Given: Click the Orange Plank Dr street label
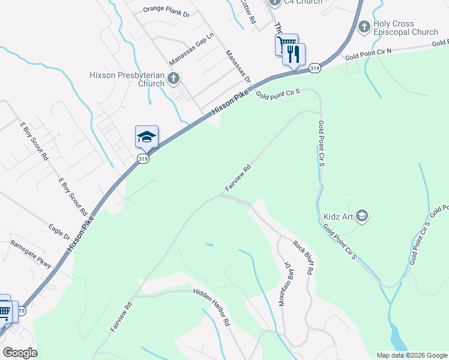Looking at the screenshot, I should click(166, 10).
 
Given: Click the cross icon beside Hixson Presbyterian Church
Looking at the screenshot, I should click(173, 78).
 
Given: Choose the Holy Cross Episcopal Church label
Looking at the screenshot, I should click(406, 28).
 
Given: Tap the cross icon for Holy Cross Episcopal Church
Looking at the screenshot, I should click(364, 27).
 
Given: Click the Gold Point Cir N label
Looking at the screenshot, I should click(368, 54).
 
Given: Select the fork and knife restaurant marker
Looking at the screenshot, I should click(294, 55).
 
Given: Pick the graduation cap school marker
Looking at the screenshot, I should click(146, 137).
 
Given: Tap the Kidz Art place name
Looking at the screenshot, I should click(336, 215).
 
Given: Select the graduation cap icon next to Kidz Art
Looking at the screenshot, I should click(361, 215).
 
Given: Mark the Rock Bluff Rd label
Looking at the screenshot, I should click(303, 257).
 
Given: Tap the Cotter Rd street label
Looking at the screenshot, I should click(247, 11).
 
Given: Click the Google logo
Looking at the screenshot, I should click(20, 353).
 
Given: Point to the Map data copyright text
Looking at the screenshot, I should click(411, 355).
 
